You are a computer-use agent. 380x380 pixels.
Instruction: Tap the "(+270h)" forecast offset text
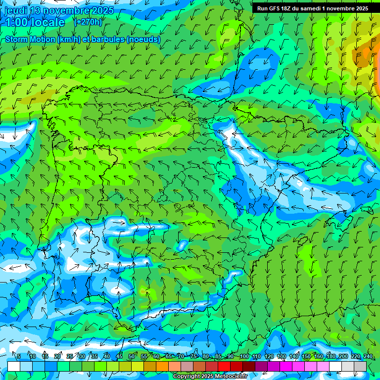tap(88, 22)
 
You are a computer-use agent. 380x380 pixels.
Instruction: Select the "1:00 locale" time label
tap(35, 23)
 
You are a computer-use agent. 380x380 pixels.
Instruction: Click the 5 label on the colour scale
tap(19, 357)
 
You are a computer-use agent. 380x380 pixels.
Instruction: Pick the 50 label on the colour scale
tap(131, 357)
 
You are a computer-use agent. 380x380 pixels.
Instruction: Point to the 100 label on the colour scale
tap(244, 357)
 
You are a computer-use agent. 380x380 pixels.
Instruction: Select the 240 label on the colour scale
tap(368, 357)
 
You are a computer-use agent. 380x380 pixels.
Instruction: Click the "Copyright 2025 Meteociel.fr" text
tap(210, 376)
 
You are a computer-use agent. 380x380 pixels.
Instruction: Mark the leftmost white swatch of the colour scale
tap(14, 366)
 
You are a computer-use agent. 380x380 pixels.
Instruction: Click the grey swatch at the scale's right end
tap(360, 366)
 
